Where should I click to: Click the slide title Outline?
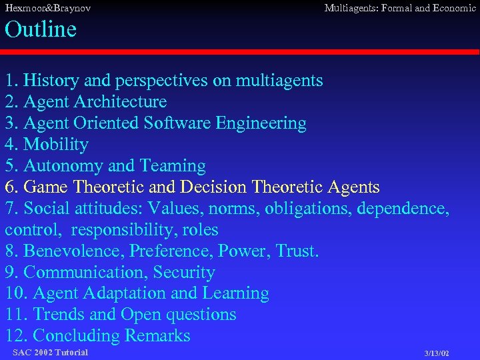pyautogui.click(x=41, y=29)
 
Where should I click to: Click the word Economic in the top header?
pyautogui.click(x=453, y=9)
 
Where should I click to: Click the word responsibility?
pyautogui.click(x=124, y=230)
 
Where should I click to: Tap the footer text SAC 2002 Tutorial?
pyautogui.click(x=50, y=352)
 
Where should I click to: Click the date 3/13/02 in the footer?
pyautogui.click(x=436, y=353)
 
